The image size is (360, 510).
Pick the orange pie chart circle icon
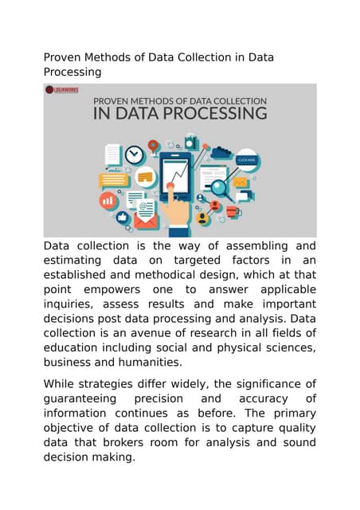[x=109, y=201]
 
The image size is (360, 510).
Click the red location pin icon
[x=153, y=146]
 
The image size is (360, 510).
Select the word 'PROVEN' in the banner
[x=118, y=101]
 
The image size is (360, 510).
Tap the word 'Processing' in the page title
[x=72, y=72]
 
